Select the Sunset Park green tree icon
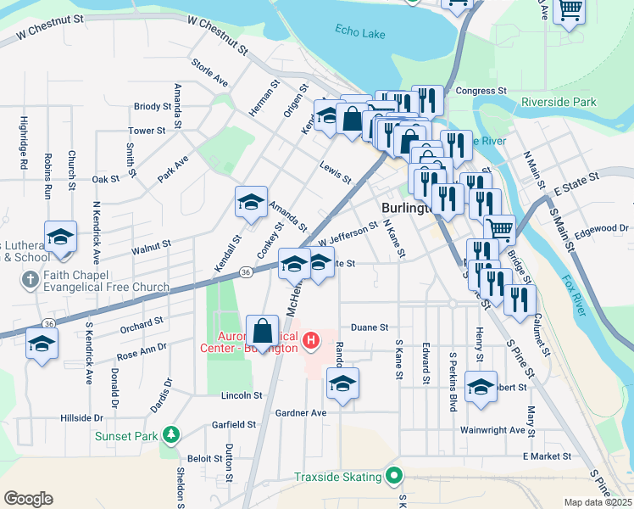[x=172, y=435]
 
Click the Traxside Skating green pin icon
[x=393, y=477]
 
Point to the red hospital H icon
[x=311, y=341]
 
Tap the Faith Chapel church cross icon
[x=29, y=279]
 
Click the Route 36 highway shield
[x=245, y=272]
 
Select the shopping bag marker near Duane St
[x=263, y=331]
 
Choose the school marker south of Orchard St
[x=41, y=344]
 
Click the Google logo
[x=28, y=498]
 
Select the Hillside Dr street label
[x=81, y=418]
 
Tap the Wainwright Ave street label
[x=492, y=430]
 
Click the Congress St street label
[x=481, y=90]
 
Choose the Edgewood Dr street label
[x=600, y=227]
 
